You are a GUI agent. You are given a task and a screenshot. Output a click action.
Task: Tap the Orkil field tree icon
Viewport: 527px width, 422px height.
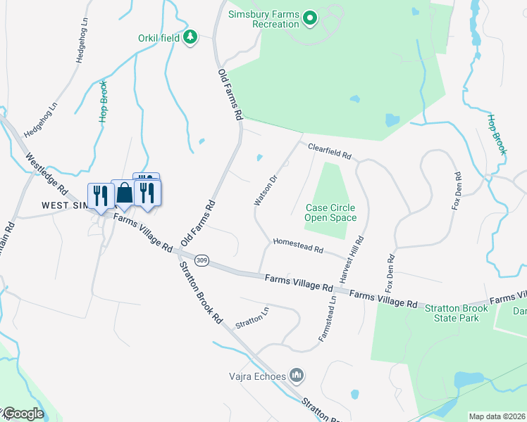[189, 37]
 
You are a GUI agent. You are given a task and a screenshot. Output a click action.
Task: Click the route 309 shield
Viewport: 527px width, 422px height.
[202, 260]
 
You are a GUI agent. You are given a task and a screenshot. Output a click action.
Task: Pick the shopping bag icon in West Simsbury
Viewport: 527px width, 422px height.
[125, 193]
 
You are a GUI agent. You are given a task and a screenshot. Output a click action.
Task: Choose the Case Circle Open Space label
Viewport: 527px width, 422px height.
[330, 212]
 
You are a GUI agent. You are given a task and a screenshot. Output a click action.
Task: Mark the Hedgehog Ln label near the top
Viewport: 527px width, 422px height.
[82, 44]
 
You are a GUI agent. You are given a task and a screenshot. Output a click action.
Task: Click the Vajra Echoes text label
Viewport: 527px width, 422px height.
[257, 376]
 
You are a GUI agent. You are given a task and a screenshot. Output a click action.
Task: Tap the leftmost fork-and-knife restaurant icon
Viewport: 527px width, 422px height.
[99, 195]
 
